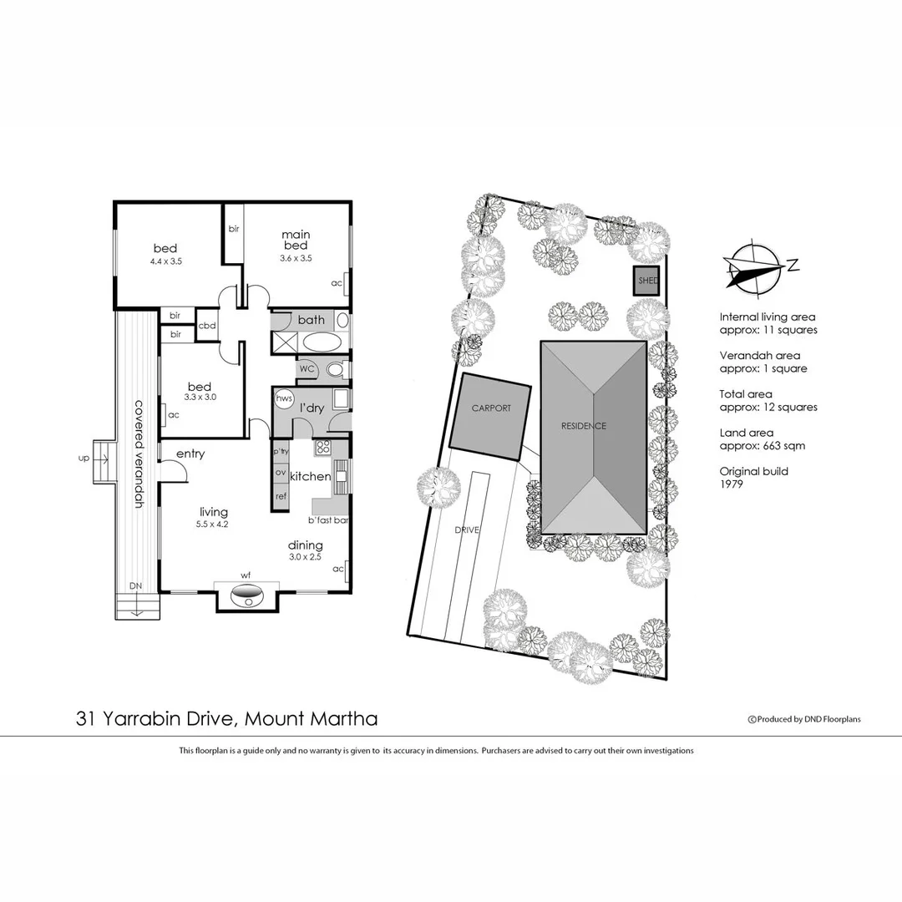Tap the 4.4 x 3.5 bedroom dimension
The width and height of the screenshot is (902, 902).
coord(166,261)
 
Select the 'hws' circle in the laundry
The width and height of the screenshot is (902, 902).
coord(284,398)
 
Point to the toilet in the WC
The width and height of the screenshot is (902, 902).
coord(334,368)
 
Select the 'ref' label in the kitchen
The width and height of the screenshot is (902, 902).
coord(281,496)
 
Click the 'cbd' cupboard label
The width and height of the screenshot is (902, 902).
coord(207,326)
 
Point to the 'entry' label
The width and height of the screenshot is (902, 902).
coord(190,454)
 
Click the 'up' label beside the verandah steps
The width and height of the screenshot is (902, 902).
coord(83,458)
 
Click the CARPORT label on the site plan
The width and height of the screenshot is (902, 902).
coord(490,408)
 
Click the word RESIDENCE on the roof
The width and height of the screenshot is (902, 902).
coord(584,426)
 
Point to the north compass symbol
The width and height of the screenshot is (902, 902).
coord(757,266)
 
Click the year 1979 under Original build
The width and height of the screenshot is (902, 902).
coord(732,484)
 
